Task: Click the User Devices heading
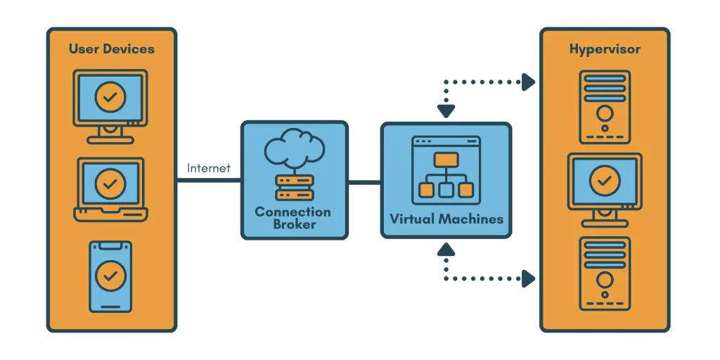point(111,49)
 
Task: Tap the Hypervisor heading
point(605,49)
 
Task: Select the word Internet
point(209,169)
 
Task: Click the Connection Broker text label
point(293,218)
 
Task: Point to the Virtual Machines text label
point(446,219)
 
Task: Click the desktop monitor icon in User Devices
point(110,105)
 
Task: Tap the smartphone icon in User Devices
point(110,276)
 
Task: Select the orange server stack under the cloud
point(295,188)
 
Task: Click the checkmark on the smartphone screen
point(110,276)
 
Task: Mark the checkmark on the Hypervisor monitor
point(604,181)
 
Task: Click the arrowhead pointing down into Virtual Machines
point(446,111)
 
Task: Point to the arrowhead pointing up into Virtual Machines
point(446,248)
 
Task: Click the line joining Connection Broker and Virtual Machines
point(364,181)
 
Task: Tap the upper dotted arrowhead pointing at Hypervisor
point(527,82)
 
